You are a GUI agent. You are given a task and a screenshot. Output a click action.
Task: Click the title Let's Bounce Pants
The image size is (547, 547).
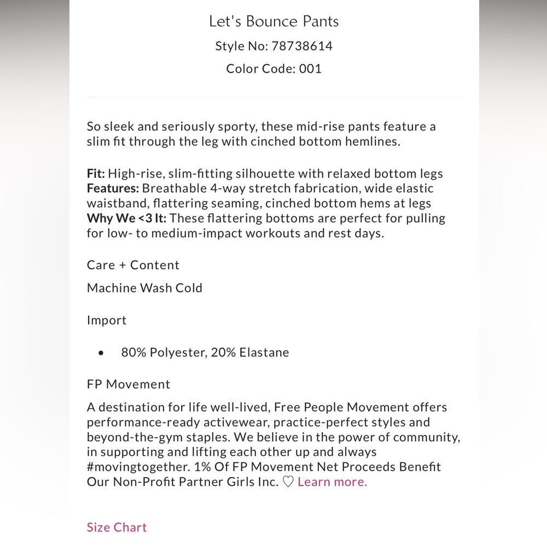[x=273, y=21]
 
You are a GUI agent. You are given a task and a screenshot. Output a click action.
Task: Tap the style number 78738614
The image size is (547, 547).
[x=300, y=46]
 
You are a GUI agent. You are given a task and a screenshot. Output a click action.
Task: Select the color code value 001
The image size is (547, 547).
[x=310, y=69]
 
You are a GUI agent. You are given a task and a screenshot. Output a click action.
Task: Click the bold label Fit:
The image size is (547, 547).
[x=96, y=174]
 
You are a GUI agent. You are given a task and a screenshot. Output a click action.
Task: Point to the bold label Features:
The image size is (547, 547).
[x=113, y=189]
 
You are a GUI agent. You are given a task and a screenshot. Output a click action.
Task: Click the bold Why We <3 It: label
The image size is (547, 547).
[x=127, y=218]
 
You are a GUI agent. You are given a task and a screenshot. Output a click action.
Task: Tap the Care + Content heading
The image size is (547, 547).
[x=133, y=265]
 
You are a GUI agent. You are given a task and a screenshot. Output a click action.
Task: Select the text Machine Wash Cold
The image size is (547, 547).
[x=144, y=288]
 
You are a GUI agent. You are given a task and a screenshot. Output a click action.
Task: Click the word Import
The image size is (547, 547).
[x=107, y=320]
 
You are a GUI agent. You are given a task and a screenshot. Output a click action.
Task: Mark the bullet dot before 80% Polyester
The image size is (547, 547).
[x=101, y=353]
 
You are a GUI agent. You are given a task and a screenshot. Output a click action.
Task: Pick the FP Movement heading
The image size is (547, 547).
[x=129, y=384]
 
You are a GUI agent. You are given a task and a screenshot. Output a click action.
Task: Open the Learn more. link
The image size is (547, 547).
[x=332, y=482]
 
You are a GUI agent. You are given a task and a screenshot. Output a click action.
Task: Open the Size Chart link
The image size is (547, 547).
[x=117, y=527]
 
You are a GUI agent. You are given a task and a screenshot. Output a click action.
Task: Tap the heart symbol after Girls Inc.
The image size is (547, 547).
[x=288, y=482]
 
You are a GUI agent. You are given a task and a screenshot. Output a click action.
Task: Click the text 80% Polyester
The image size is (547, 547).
[x=163, y=352]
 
